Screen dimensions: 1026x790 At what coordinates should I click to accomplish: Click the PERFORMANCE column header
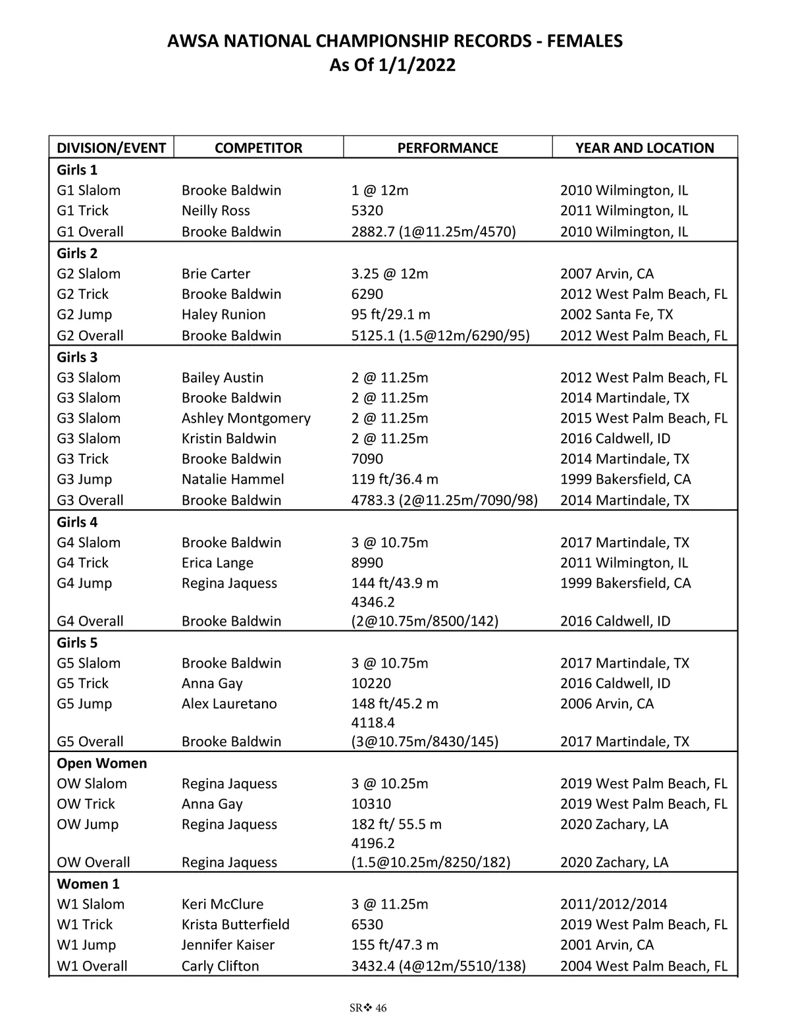448,148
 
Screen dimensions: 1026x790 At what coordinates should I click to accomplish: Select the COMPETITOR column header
258,148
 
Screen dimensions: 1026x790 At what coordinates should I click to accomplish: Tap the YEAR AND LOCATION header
645,148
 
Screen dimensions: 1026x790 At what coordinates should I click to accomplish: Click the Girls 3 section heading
77,357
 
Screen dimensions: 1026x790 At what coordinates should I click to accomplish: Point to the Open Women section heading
101,763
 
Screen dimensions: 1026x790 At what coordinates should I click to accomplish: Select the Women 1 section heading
88,884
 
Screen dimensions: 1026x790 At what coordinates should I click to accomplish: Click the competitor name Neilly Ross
215,211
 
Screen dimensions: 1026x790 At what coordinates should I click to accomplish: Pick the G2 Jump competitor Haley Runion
223,315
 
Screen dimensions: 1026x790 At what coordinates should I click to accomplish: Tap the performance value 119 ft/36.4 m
394,479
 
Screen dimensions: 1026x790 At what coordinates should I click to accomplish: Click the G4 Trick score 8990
367,563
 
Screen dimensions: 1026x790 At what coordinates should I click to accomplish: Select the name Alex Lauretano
229,704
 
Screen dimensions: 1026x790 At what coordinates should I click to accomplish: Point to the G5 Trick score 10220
371,684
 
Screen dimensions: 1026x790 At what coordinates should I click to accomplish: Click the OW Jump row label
88,824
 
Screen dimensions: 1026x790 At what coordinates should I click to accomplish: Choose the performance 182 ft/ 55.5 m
396,824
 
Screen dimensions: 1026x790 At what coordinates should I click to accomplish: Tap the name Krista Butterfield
235,925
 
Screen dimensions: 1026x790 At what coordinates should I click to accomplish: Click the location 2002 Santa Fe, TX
616,315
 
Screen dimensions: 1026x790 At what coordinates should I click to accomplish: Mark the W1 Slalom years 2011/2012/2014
614,904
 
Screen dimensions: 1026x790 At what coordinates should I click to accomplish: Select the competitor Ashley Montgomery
246,418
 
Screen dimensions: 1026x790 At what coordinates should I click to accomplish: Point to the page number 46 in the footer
381,1008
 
